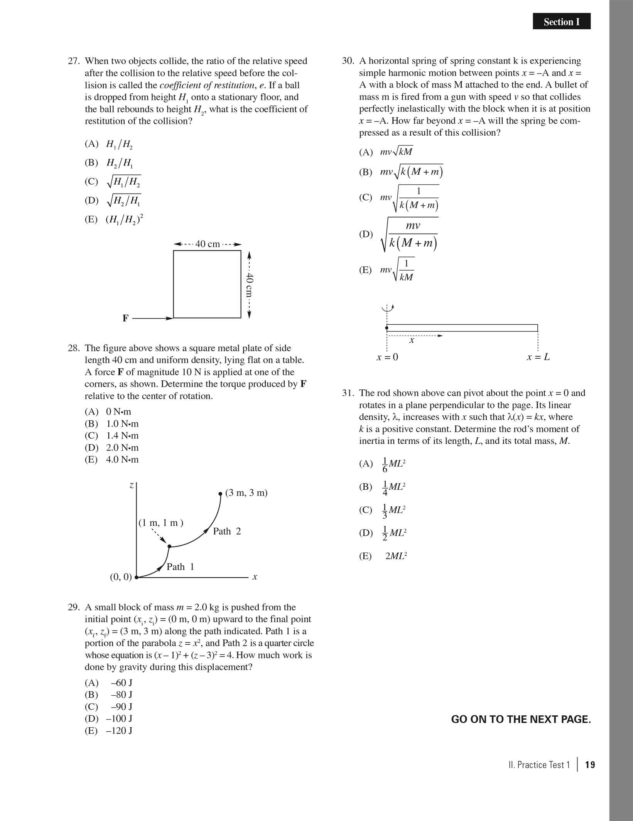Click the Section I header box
click(x=561, y=22)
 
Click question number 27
click(x=73, y=61)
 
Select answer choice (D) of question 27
click(x=113, y=200)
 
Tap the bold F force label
click(x=125, y=319)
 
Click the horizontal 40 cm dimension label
click(x=208, y=244)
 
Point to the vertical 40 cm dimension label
click(x=250, y=285)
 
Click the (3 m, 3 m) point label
click(x=246, y=493)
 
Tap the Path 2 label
click(x=227, y=531)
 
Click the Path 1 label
click(x=180, y=567)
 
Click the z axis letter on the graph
click(x=132, y=486)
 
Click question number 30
click(x=348, y=61)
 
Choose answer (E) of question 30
click(x=387, y=270)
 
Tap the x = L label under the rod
click(x=538, y=357)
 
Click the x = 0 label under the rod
click(x=387, y=357)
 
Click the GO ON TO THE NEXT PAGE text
click(x=521, y=720)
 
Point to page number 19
click(x=590, y=765)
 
